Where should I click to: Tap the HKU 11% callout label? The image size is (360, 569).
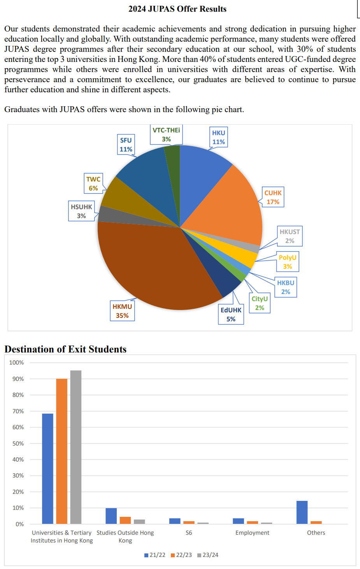pos(218,137)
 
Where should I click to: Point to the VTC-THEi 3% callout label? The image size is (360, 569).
pos(166,135)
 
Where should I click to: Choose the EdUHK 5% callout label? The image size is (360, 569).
pos(231,315)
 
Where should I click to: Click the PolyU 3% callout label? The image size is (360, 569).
pos(288,262)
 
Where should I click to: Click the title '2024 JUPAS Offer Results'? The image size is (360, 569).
pos(177,9)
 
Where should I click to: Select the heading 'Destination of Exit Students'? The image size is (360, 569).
pos(65,349)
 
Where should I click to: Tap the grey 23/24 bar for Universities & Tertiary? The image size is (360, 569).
pos(76,447)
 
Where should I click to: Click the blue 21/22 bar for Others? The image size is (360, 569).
pos(302,512)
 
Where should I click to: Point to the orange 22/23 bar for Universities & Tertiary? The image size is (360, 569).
pos(62,451)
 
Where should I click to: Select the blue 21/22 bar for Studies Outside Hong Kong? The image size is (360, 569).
pos(111,516)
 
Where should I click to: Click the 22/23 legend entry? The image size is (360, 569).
pos(181,555)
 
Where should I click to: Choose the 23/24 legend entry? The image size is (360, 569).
pos(208,555)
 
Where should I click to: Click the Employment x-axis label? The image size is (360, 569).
pos(252,533)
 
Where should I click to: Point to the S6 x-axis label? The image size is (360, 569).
pos(189,533)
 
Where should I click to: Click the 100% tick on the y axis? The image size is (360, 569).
pos(17,363)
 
